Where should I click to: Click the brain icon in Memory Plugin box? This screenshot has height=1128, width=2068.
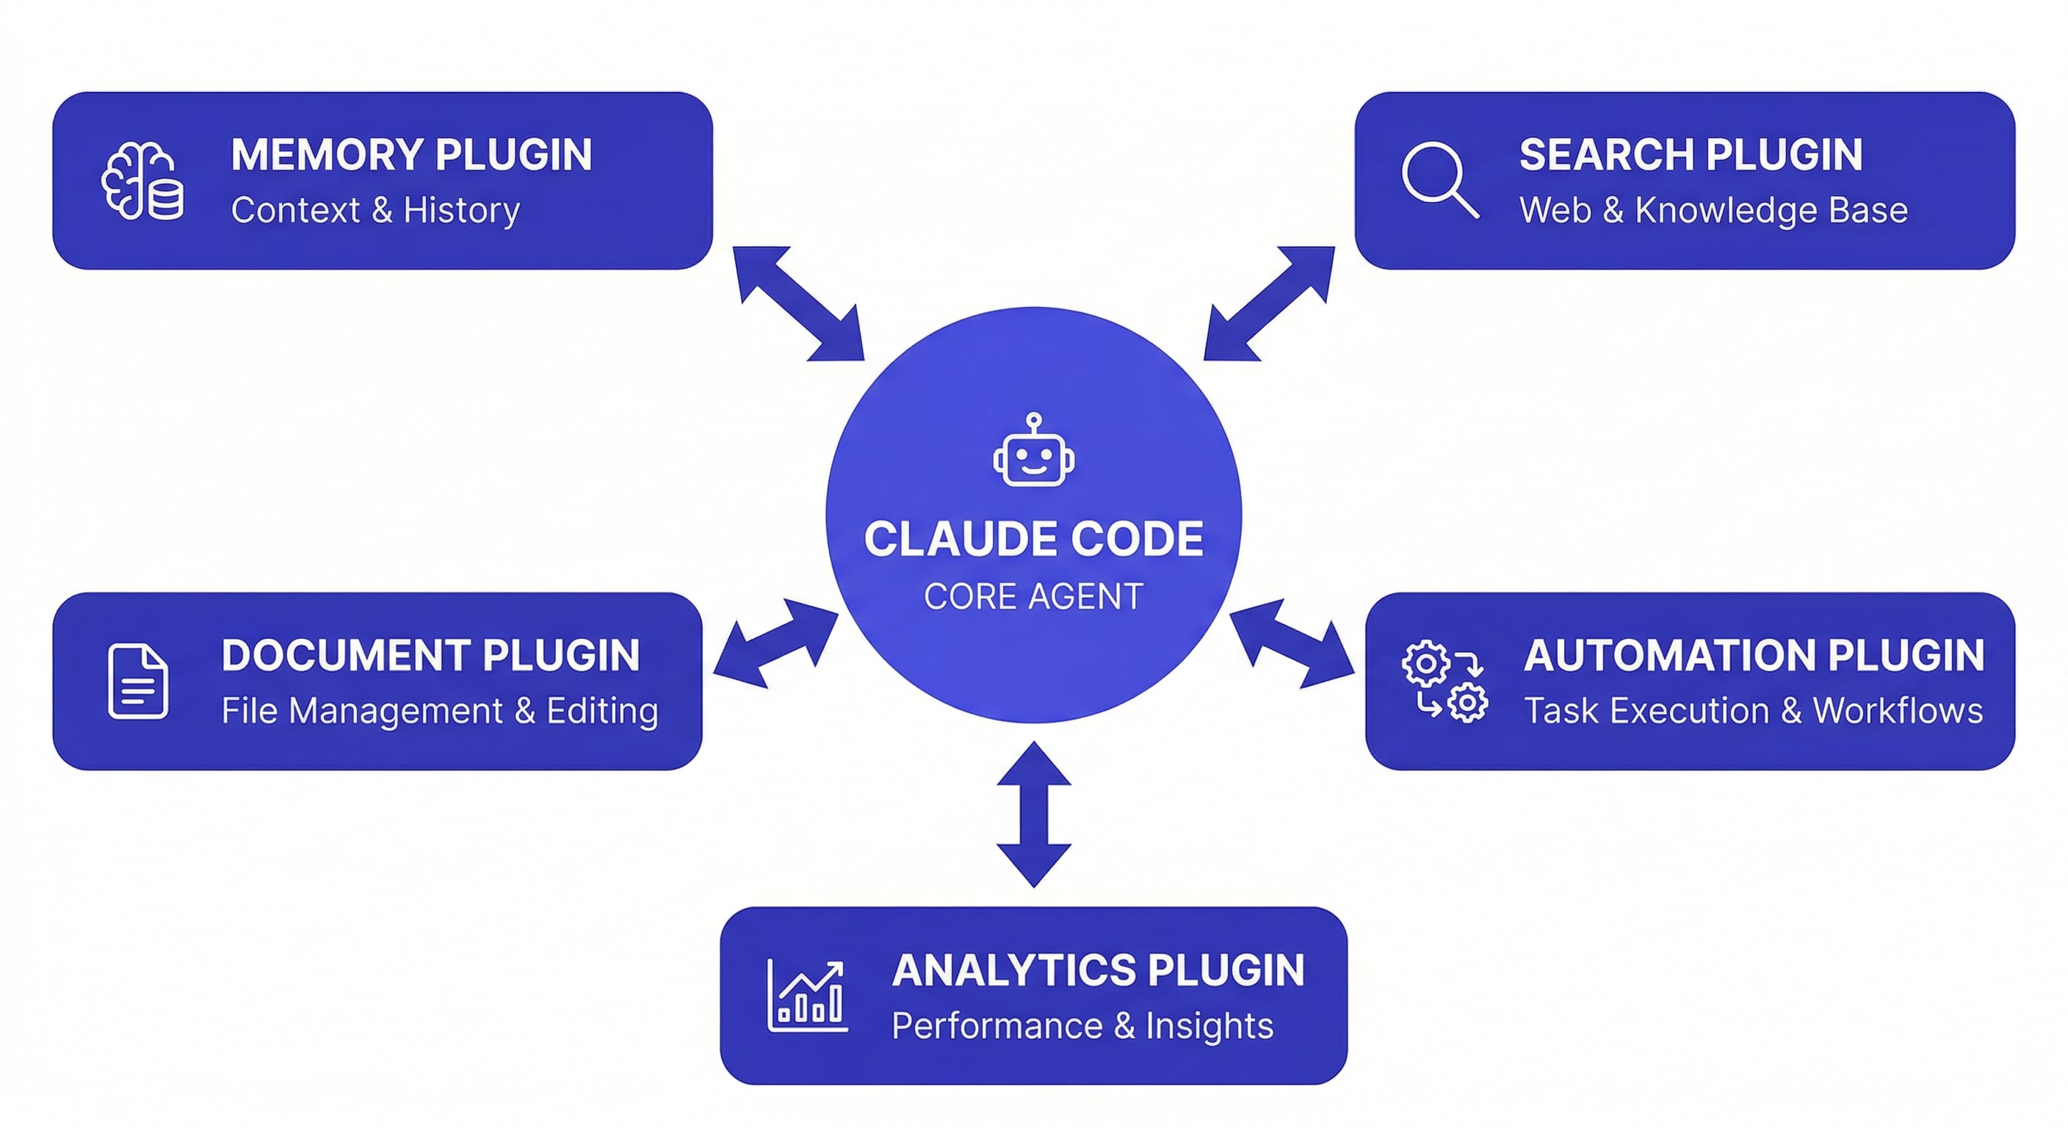tap(141, 181)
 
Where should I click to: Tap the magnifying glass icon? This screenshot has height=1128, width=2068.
tap(1439, 179)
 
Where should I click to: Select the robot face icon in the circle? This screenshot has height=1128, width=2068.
tap(1034, 451)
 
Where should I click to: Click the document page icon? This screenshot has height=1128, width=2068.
tap(138, 681)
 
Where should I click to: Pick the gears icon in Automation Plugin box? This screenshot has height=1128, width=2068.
tap(1445, 681)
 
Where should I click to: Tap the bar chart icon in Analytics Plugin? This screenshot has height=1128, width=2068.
tap(807, 995)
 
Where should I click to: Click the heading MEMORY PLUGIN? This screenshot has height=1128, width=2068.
tap(411, 155)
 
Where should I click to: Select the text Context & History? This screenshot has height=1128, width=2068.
tap(375, 210)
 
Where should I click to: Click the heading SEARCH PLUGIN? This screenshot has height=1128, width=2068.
tap(1690, 155)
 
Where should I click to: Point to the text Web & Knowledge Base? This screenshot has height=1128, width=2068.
tap(1713, 210)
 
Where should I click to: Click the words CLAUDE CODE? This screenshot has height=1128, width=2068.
tap(1033, 539)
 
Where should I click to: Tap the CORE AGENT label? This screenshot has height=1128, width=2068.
tap(1033, 596)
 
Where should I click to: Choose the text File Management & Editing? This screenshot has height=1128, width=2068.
tap(439, 712)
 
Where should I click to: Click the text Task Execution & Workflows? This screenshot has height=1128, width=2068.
tap(1752, 712)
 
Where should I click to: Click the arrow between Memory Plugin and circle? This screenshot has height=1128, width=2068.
tap(799, 303)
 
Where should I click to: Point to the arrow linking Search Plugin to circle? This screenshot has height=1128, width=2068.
tap(1268, 303)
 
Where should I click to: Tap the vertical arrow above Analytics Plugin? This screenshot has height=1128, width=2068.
tap(1033, 814)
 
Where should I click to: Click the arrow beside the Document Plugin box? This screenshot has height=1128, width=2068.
tap(775, 643)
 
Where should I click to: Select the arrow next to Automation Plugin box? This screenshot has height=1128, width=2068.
tap(1292, 643)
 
